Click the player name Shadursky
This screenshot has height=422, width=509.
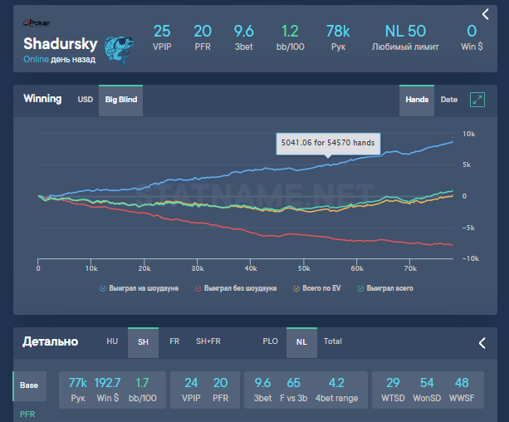61,43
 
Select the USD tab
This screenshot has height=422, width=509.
86,100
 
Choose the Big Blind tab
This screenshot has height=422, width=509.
121,100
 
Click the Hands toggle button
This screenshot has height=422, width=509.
417,100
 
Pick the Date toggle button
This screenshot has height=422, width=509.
448,100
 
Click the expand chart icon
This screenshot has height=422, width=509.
477,100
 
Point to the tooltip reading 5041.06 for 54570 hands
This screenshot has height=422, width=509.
328,143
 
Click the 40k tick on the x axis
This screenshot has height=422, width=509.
251,269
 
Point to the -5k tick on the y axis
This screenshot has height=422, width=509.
469,228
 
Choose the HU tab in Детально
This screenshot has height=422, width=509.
113,341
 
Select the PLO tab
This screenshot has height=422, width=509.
270,341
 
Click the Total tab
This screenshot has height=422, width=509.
333,341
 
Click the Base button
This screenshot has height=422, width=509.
28,385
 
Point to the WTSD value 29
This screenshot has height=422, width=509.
393,383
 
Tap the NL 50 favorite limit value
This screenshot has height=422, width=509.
405,32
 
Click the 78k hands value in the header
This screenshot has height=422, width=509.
338,32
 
